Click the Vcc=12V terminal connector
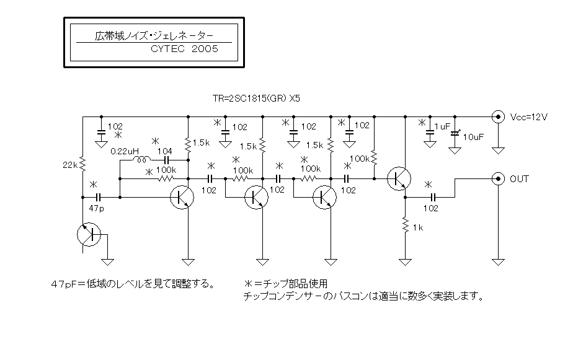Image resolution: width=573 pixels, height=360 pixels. pos(498,117)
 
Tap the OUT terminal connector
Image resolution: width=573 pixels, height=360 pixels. pos(498,179)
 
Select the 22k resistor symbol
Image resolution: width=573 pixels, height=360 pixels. pos(82,164)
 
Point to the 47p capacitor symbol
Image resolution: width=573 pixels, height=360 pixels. pos(98,197)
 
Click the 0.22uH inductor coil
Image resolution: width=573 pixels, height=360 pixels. pos(141,160)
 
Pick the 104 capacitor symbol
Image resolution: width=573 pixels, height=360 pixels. pos(166,160)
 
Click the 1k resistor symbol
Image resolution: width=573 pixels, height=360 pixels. pos(405,224)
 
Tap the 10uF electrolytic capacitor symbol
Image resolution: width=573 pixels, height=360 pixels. pos(455,134)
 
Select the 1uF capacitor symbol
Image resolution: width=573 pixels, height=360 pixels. pos(430,134)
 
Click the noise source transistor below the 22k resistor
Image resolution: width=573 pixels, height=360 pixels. pos(89,234)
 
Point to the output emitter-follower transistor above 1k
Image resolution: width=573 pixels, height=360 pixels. pos(399,178)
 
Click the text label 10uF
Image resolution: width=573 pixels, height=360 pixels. pos(473,138)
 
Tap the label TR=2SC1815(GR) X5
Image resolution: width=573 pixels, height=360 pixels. pos(257,99)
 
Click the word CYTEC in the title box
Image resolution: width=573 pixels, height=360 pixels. pos(167,49)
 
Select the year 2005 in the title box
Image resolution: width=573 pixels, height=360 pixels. pos(205,49)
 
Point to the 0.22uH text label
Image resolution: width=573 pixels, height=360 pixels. pos(125,151)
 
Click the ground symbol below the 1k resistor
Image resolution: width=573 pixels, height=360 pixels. pos(405,261)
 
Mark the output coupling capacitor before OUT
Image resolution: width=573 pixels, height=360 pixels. pos(433,197)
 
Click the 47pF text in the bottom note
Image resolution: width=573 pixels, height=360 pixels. pos(64,284)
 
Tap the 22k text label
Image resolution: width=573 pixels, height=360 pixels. pos(70,165)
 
